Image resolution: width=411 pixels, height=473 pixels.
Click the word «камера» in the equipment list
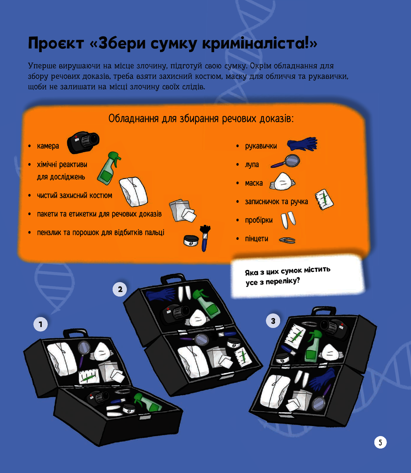click(x=48, y=146)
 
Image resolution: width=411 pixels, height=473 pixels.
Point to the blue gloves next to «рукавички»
click(x=302, y=144)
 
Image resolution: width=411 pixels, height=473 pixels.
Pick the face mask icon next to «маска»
click(x=282, y=182)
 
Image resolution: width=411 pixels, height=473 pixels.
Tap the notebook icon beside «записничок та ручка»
click(x=324, y=199)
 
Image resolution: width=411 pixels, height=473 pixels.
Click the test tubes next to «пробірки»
click(x=288, y=220)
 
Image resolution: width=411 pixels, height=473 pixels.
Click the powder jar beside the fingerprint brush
click(x=191, y=241)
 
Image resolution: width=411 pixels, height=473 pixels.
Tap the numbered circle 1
click(x=40, y=324)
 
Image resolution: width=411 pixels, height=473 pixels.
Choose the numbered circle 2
click(x=120, y=289)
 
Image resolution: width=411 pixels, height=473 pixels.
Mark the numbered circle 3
click(x=273, y=321)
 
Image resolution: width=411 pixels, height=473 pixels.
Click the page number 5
click(x=380, y=442)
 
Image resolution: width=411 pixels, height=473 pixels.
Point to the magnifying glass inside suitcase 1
click(x=84, y=348)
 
